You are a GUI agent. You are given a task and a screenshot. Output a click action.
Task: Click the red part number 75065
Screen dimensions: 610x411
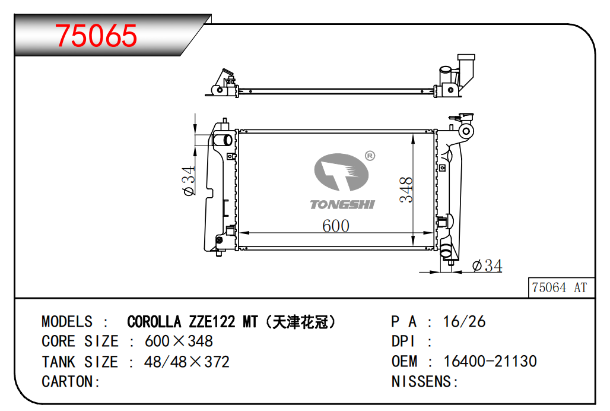pyautogui.click(x=96, y=36)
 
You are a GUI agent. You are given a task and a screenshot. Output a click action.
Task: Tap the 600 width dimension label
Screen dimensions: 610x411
pyautogui.click(x=336, y=226)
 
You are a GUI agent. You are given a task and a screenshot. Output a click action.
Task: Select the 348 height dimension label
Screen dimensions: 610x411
pyautogui.click(x=406, y=189)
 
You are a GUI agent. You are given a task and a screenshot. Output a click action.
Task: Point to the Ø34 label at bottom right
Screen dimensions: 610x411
pyautogui.click(x=487, y=266)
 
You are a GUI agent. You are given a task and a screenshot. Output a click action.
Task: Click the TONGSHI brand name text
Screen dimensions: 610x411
pyautogui.click(x=342, y=204)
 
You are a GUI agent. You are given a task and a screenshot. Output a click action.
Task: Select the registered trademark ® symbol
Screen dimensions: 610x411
pyautogui.click(x=370, y=156)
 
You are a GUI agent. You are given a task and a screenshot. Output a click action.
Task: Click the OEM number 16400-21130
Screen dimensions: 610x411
pyautogui.click(x=490, y=361)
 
